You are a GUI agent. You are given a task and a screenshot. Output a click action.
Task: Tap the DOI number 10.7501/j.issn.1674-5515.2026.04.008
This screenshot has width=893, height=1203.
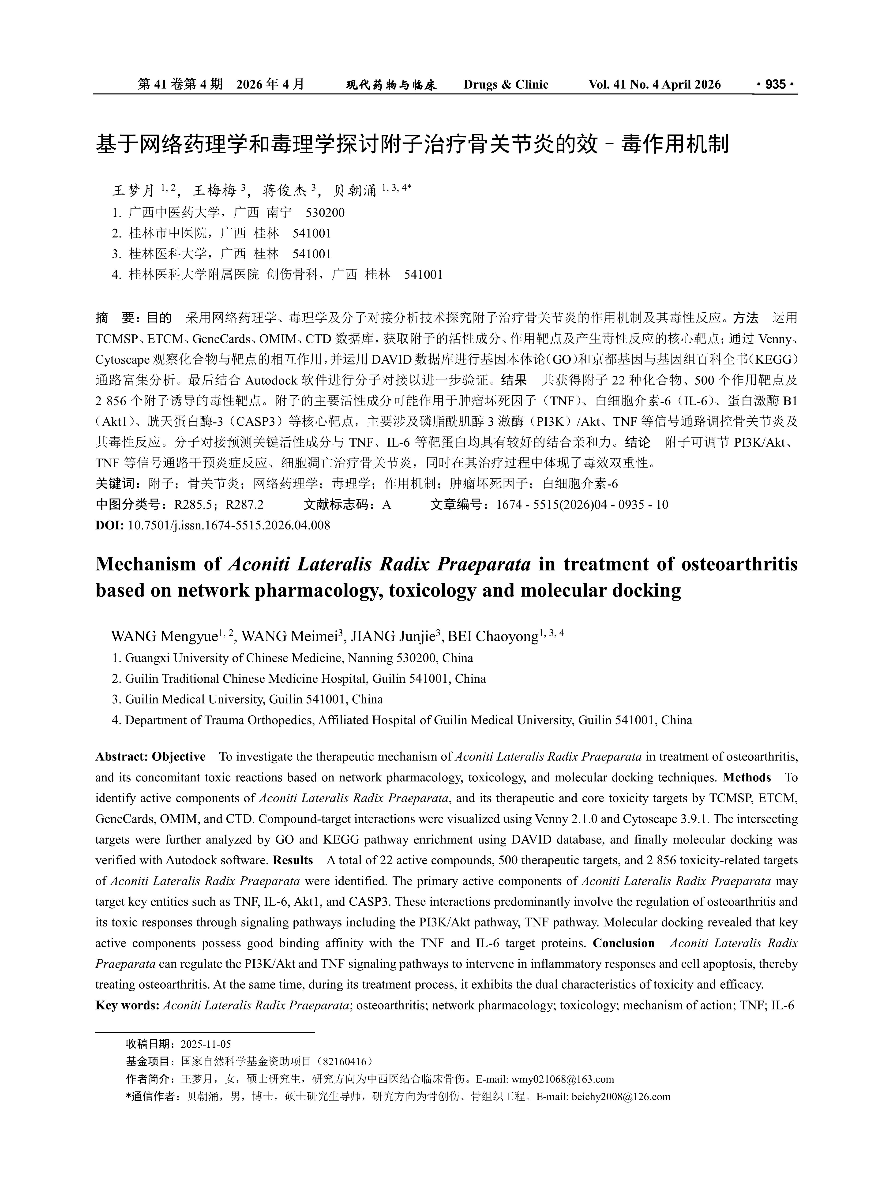click(x=229, y=525)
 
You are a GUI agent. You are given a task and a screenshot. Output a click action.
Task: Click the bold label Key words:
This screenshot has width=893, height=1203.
click(x=127, y=1005)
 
